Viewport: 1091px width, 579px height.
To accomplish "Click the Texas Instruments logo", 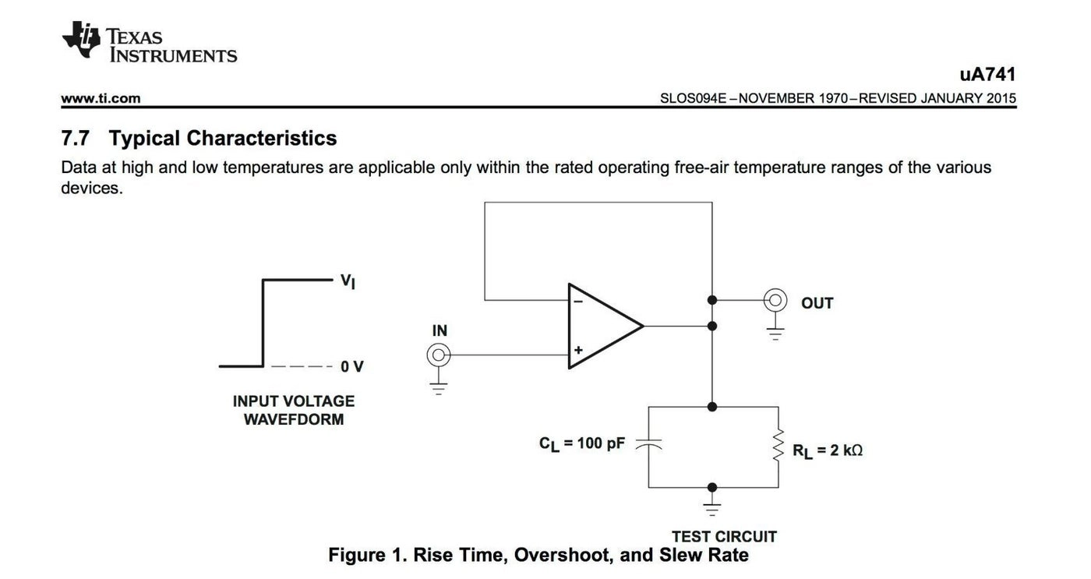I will pos(148,42).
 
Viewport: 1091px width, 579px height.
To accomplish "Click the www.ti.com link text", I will pos(101,98).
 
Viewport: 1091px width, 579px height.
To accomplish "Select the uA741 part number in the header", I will pos(987,75).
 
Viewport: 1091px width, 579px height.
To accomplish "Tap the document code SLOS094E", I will pos(693,98).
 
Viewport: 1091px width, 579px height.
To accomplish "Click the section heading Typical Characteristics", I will pos(222,138).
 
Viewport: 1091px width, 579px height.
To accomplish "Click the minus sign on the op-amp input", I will pos(577,300).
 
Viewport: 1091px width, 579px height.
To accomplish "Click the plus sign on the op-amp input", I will pos(577,351).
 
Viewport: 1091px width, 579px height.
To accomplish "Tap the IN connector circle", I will pos(439,355).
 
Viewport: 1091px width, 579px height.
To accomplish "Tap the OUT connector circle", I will pos(775,300).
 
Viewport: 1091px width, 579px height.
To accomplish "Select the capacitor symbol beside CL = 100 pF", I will pos(648,443).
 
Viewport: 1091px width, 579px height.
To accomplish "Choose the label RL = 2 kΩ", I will pos(827,450).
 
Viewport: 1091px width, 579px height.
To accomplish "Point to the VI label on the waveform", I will pos(348,281).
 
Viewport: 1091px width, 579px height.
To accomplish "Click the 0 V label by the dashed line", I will pos(351,366).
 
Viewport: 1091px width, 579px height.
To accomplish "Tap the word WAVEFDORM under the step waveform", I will pos(293,420).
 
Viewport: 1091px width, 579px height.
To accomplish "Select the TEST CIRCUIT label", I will pos(724,536).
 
